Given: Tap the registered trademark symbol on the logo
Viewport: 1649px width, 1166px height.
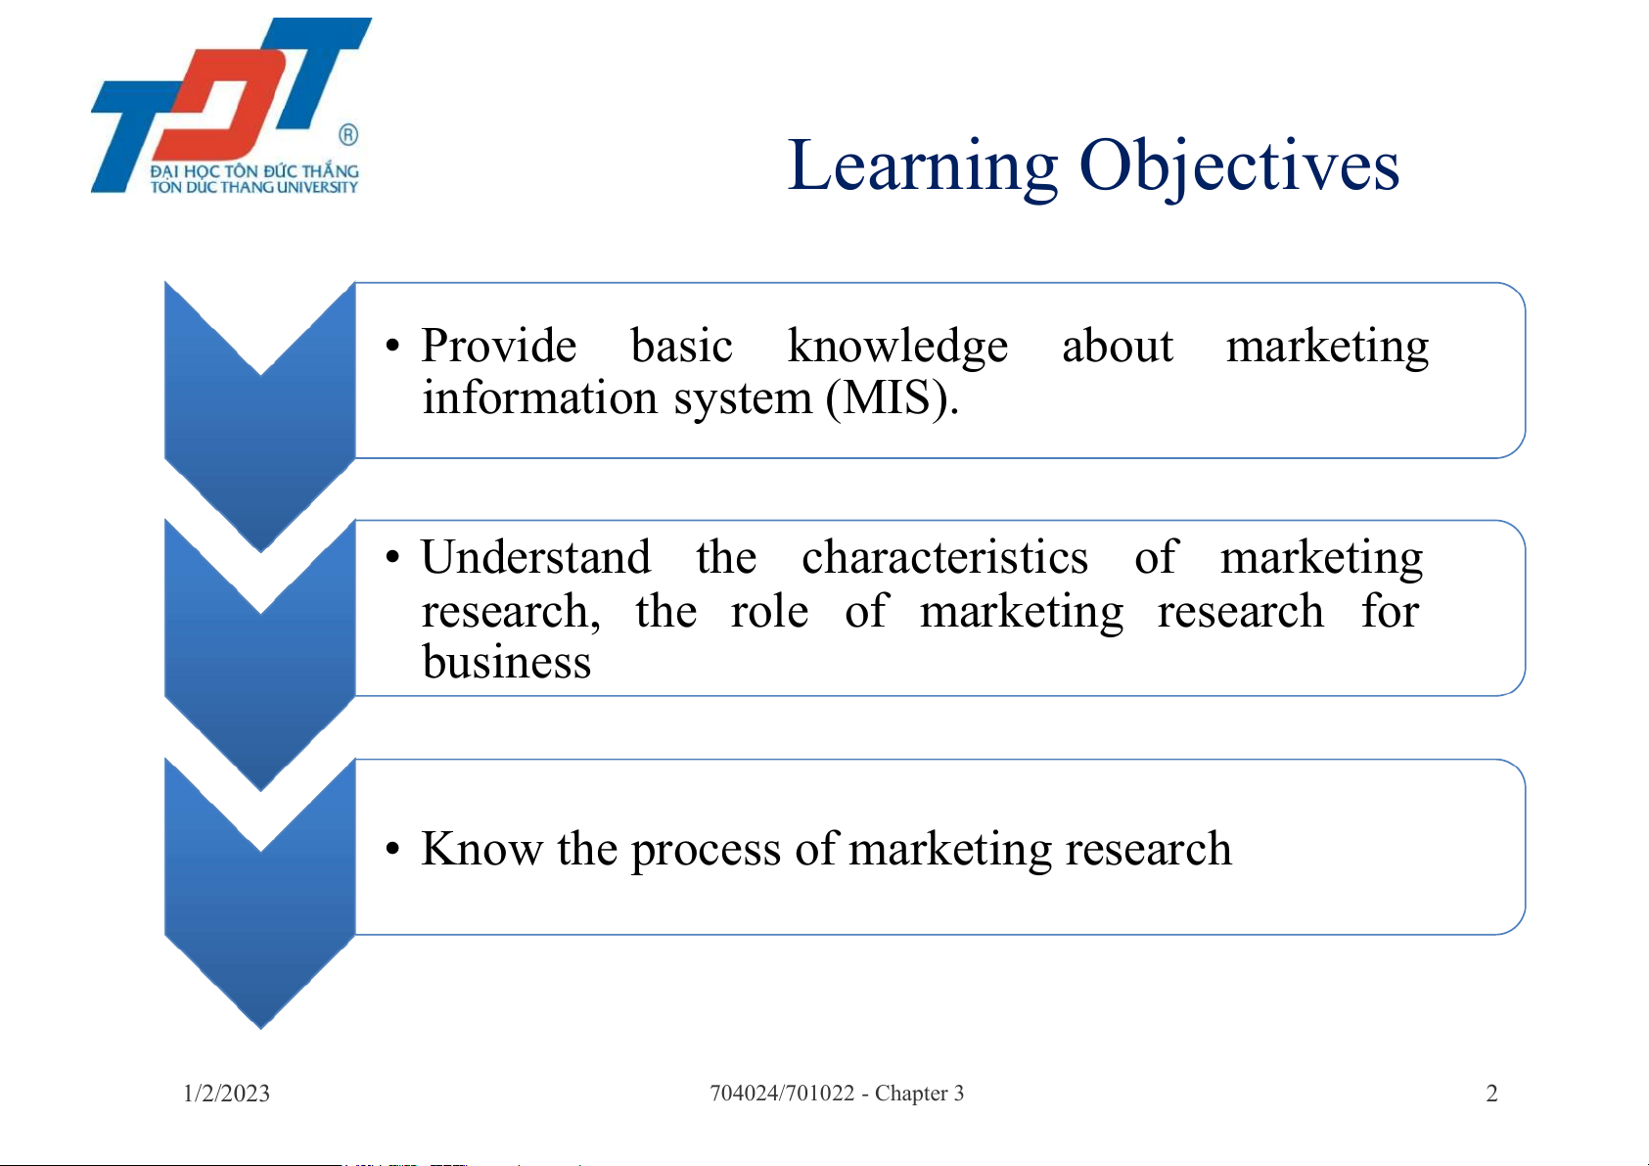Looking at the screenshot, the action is click(348, 135).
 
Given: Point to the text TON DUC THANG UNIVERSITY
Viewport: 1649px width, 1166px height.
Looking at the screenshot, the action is click(254, 187).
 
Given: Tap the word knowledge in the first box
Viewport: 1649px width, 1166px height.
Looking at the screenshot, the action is click(897, 347).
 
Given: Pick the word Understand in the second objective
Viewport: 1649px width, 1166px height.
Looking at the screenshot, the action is click(535, 557).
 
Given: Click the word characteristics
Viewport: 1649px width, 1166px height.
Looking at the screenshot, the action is click(944, 557).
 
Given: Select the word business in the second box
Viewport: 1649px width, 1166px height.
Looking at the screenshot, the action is click(507, 661).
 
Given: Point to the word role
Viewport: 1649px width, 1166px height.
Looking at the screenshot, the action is click(769, 610).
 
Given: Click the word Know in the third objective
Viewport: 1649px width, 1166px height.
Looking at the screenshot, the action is click(481, 849).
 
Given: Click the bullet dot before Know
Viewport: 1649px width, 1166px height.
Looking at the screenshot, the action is click(392, 849).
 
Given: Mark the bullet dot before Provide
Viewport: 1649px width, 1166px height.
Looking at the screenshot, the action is click(392, 346).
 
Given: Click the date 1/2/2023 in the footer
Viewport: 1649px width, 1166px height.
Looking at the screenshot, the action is click(226, 1094).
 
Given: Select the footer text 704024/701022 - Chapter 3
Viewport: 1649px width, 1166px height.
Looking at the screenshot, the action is click(837, 1094).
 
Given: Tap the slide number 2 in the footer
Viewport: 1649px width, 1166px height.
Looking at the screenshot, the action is click(1491, 1094).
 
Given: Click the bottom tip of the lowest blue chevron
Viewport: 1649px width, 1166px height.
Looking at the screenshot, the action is click(260, 1028).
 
